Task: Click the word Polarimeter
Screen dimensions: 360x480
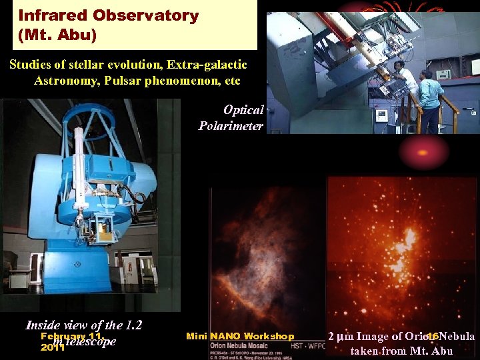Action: coord(231,125)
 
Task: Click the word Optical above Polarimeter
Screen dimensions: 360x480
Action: coord(243,110)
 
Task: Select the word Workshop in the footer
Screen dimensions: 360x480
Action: coord(269,336)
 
